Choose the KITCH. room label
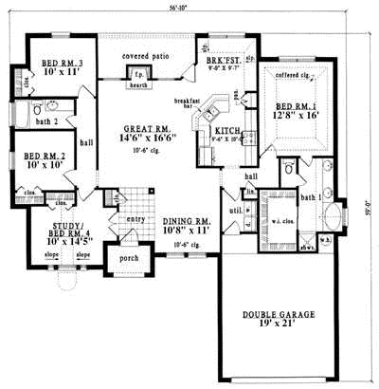[228, 131]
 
